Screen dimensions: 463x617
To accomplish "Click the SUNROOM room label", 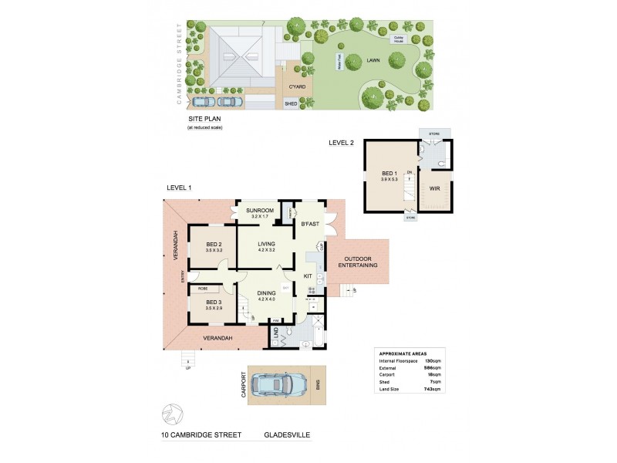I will click(x=255, y=210).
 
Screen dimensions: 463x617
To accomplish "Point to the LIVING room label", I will click(x=265, y=245).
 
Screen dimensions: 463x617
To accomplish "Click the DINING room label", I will click(x=265, y=293).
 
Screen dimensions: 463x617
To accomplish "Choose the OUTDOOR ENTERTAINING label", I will click(x=359, y=262).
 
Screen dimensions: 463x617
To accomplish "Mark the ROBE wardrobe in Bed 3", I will click(x=203, y=289).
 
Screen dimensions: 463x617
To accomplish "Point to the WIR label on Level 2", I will click(x=434, y=188).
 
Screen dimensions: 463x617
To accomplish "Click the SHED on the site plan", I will click(x=291, y=103).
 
